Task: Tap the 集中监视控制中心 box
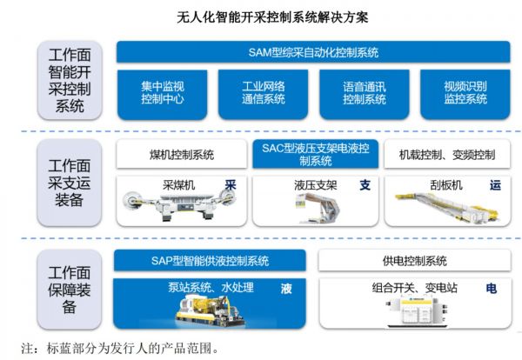(x=164, y=93)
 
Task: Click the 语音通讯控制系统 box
(x=364, y=93)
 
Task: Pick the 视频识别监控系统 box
(x=465, y=93)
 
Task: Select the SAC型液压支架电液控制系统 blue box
(x=314, y=154)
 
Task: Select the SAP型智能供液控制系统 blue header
(x=210, y=261)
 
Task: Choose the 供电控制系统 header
(x=414, y=261)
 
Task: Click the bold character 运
(x=497, y=184)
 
